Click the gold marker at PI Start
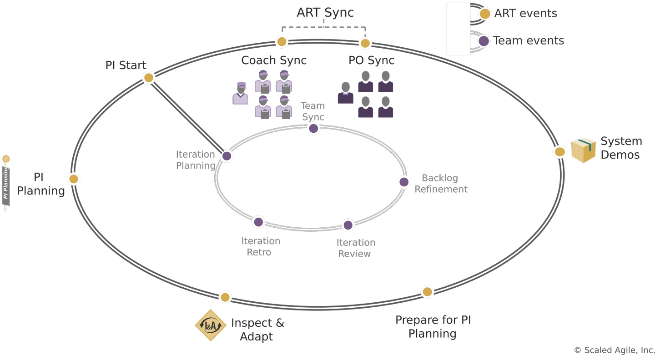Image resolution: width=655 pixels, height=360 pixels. click(x=149, y=78)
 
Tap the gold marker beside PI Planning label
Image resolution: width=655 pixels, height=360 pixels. click(x=74, y=179)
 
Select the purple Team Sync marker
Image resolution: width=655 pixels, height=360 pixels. click(x=313, y=129)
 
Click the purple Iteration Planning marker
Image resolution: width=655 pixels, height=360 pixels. click(x=227, y=156)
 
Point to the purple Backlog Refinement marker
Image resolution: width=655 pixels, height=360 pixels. click(x=404, y=182)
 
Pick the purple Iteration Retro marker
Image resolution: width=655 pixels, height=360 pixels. click(x=258, y=222)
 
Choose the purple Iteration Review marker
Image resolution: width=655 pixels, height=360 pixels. click(x=348, y=225)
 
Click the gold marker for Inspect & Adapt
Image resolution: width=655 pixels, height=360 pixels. click(x=225, y=298)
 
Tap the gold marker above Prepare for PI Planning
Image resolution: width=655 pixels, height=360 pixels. click(x=427, y=292)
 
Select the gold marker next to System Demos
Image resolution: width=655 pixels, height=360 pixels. click(x=560, y=152)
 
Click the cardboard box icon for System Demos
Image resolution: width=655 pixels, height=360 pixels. click(x=583, y=150)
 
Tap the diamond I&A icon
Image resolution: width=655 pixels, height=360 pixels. click(x=211, y=325)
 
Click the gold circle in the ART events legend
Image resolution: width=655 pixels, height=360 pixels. click(x=485, y=14)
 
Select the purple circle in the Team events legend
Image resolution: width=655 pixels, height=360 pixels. click(x=484, y=41)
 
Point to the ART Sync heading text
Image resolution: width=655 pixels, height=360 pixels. click(x=325, y=13)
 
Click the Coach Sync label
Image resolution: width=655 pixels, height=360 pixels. click(x=274, y=60)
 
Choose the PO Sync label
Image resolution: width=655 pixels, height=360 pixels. click(x=371, y=60)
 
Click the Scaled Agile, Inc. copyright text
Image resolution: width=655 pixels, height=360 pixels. click(x=614, y=350)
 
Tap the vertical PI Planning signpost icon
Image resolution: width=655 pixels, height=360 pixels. click(x=6, y=184)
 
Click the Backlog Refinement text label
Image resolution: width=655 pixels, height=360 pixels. click(x=440, y=184)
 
